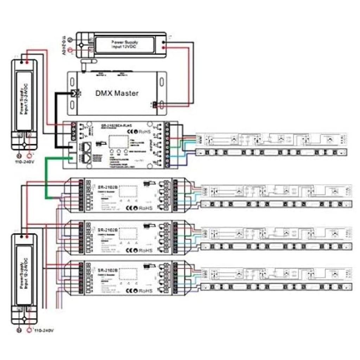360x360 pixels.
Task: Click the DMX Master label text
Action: (117, 93)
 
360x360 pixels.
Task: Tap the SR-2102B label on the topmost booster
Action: (105, 187)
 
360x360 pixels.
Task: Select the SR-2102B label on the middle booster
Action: (105, 229)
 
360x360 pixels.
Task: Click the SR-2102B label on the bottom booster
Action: (105, 270)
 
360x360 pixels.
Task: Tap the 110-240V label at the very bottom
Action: (44, 331)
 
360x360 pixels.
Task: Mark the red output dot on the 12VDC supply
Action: (163, 47)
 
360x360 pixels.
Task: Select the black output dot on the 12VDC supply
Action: (163, 42)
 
